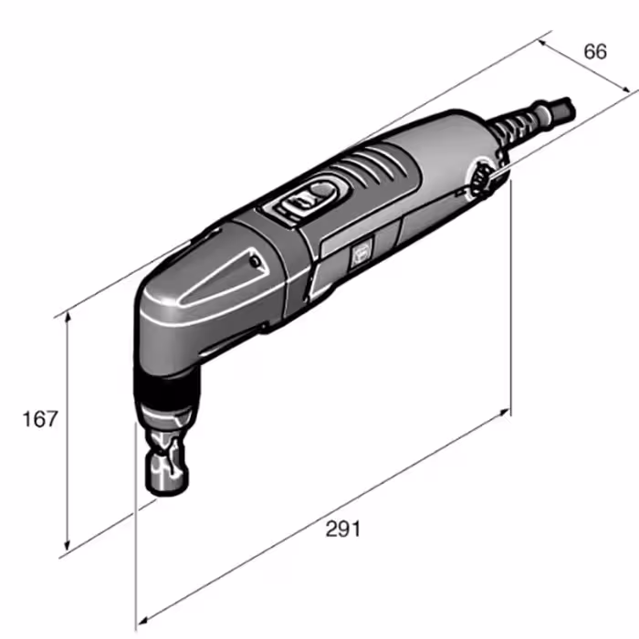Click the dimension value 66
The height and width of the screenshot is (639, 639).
pos(595,52)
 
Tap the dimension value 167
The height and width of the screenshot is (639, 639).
pos(40,419)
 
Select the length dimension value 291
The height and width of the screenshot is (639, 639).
pos(342,529)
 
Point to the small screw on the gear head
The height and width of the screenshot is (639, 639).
pos(255,262)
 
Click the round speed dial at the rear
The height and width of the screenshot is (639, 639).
pos(482,179)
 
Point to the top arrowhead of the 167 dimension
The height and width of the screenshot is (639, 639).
pos(68,316)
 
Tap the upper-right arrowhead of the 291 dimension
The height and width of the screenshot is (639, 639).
pos(505,412)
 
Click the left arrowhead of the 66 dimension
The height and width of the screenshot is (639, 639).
pos(542,42)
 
